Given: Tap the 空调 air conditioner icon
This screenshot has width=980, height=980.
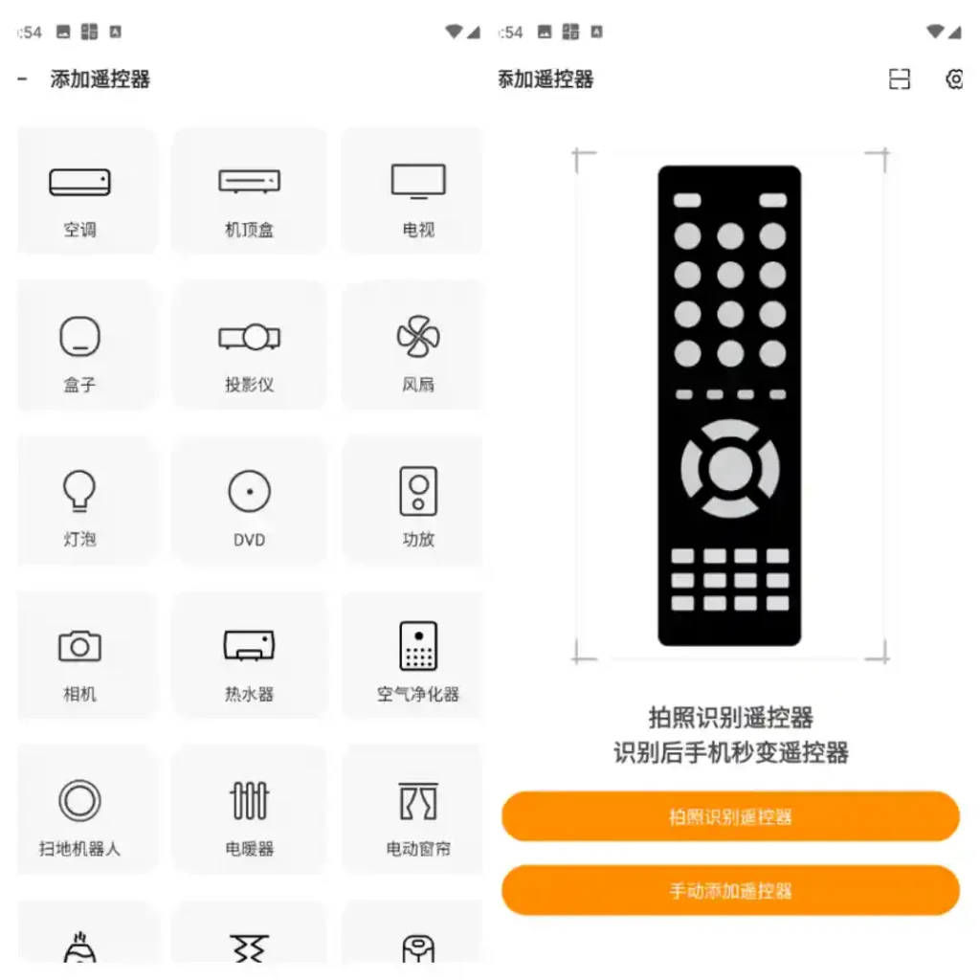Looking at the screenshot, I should point(79,182).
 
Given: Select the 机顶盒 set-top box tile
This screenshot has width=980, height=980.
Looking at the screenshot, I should point(249,181).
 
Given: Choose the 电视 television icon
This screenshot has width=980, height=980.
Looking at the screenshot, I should point(418,181).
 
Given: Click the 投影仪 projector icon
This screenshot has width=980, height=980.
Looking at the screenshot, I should point(249,337).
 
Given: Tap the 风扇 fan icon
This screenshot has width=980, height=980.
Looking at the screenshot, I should point(418,336).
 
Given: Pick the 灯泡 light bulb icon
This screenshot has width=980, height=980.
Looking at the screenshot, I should point(79,491).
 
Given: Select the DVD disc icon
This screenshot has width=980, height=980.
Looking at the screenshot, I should point(249,492).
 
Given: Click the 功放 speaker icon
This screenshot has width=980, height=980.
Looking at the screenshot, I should point(418,491).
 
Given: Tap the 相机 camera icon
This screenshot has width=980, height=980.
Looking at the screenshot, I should point(79,647).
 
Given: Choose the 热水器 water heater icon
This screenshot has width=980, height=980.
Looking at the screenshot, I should point(249,646).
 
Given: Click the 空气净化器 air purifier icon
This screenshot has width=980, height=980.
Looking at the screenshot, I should point(418,646).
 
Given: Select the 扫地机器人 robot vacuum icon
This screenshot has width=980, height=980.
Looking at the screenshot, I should point(79,801).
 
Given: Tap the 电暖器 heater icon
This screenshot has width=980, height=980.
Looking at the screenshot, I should point(249,801).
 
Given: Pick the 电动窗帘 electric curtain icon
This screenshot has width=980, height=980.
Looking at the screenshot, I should point(418,801).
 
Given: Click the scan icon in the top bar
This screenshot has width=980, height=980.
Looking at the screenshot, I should point(900,79).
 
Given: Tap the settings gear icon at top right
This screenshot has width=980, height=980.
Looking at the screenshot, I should point(954,79).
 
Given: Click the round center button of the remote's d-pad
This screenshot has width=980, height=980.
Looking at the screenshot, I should point(730,469).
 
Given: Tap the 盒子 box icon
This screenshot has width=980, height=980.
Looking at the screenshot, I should point(79,337).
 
